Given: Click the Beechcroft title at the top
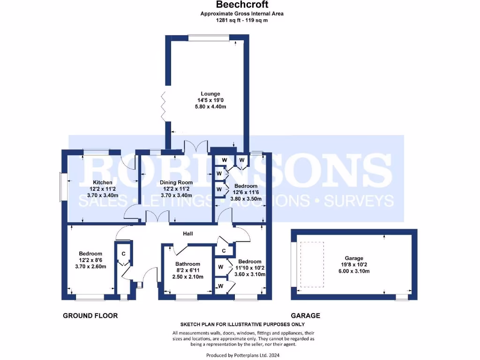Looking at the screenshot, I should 242,5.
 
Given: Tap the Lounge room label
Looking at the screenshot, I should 210,94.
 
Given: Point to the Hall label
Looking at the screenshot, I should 188,233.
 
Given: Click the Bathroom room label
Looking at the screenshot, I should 187,264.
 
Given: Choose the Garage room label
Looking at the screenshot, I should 354,258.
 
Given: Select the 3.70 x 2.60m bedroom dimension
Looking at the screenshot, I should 90,267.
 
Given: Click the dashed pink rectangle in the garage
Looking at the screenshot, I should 312,264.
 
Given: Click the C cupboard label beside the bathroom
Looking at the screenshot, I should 224,251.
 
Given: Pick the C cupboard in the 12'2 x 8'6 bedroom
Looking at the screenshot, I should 123,254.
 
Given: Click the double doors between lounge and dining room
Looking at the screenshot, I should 196,146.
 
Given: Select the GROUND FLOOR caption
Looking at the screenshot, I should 90,316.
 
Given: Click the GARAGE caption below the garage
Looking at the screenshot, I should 306,316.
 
